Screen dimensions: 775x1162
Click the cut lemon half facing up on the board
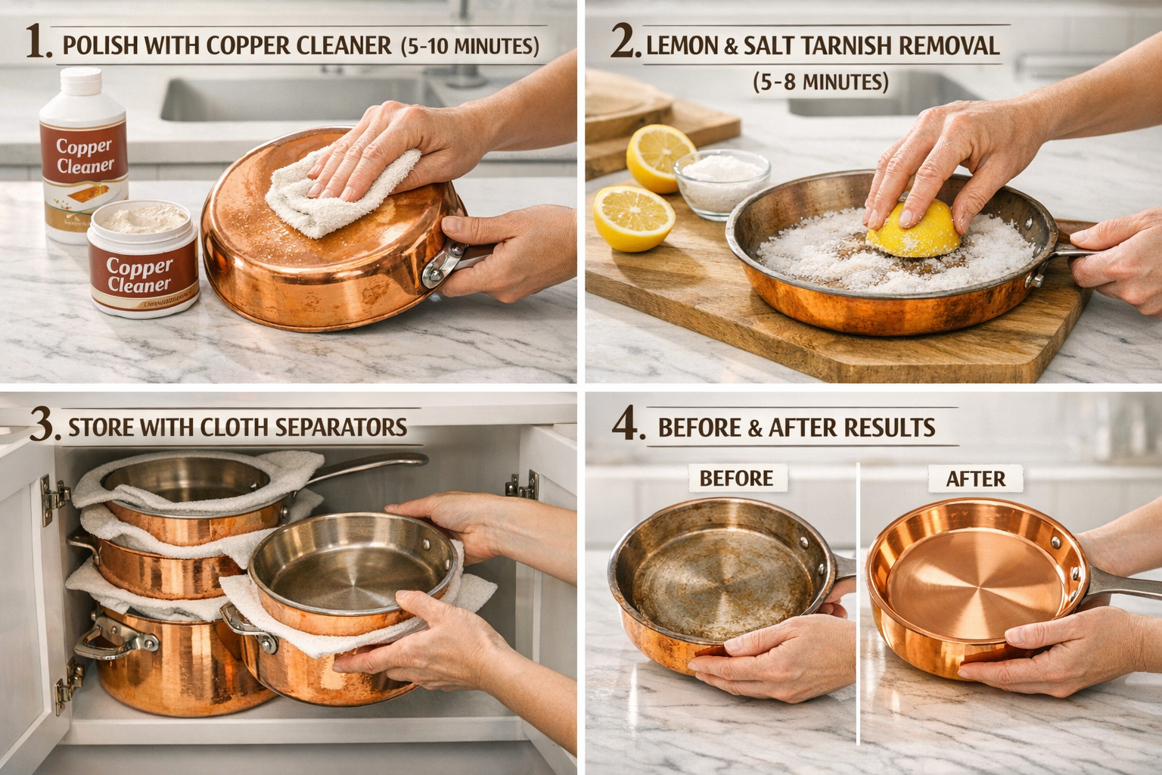(x=633, y=218)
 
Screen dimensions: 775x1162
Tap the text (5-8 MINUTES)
(x=820, y=82)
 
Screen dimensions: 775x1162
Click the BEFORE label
(x=735, y=478)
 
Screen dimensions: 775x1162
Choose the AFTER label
(x=975, y=478)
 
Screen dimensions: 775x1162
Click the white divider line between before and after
(x=859, y=605)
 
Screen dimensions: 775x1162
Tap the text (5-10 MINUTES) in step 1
(x=469, y=47)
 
